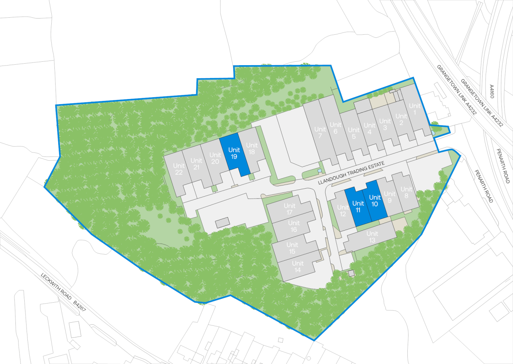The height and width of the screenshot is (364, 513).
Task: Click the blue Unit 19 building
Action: point(234,153)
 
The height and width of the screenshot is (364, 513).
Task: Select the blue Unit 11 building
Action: point(358,207)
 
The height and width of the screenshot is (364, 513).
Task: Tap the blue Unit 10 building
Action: point(375,201)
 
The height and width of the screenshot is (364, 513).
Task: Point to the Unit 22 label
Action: point(179,169)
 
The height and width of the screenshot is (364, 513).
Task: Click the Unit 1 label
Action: point(415,109)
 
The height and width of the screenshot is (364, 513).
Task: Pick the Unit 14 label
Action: point(297,267)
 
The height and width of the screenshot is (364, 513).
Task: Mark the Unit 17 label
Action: point(289,209)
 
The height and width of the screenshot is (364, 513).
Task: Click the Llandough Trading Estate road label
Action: point(351,174)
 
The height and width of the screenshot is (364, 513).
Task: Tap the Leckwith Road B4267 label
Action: point(63,293)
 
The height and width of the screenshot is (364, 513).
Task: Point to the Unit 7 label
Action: point(320,132)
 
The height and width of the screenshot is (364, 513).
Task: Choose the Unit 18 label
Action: point(251,148)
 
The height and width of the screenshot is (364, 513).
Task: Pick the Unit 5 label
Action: point(354,133)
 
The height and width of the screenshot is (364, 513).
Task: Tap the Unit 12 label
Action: point(343,211)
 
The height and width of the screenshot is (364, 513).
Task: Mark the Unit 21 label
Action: point(196,164)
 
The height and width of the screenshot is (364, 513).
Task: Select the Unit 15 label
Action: point(292,248)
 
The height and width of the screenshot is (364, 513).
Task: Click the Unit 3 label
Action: point(385,124)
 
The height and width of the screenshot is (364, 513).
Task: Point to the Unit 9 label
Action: point(390,197)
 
